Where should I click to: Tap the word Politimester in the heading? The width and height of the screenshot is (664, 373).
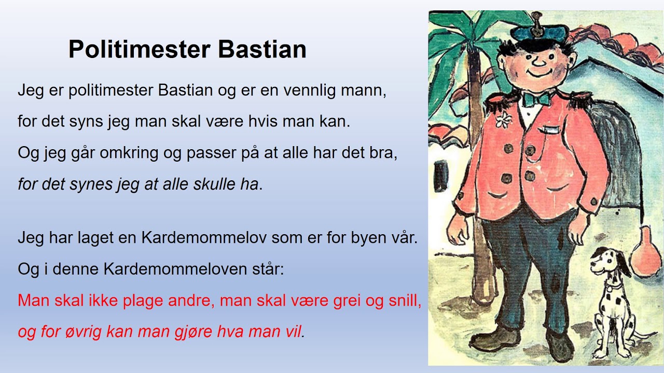click(139, 50)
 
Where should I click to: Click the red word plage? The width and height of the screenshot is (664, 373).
click(143, 302)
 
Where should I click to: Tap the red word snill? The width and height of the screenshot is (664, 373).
click(405, 302)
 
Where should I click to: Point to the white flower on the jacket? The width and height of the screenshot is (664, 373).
click(502, 121)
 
